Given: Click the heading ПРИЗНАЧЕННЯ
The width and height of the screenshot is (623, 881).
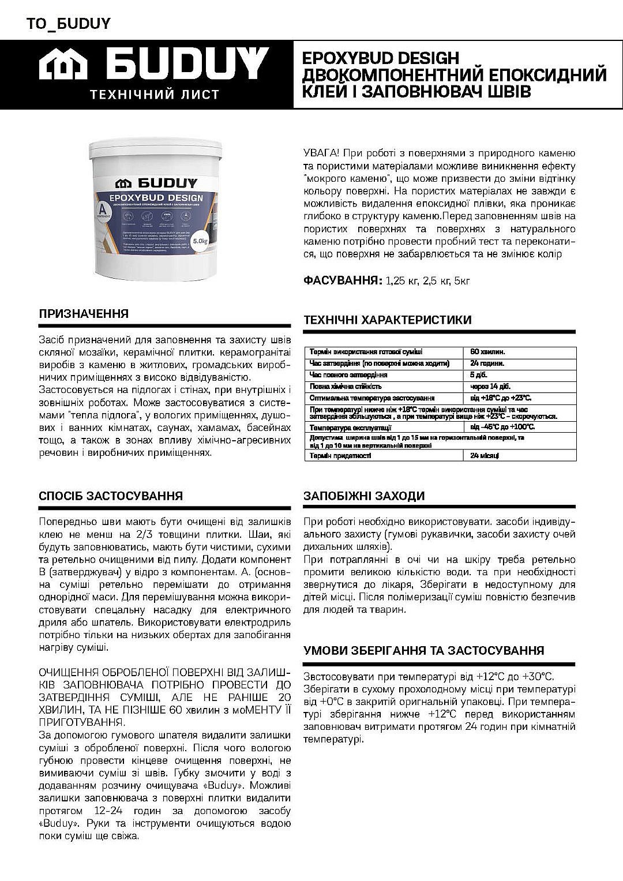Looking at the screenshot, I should click(x=84, y=314).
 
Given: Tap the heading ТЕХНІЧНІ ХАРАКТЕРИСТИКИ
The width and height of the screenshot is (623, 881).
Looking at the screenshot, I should click(x=387, y=320).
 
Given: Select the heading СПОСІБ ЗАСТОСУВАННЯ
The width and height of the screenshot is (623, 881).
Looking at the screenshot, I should click(x=111, y=496).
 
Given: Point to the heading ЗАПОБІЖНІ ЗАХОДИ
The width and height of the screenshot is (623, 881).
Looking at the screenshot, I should click(x=364, y=496).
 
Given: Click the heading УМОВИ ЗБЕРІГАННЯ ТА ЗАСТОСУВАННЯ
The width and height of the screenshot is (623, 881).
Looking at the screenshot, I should click(x=423, y=650).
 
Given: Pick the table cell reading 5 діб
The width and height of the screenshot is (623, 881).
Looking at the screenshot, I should click(x=480, y=375).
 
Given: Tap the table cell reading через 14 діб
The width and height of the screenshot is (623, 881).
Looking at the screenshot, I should click(x=490, y=387).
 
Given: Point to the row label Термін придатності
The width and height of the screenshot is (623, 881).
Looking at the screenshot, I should click(x=340, y=456).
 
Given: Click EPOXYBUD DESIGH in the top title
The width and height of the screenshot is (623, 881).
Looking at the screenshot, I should click(x=380, y=59).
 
